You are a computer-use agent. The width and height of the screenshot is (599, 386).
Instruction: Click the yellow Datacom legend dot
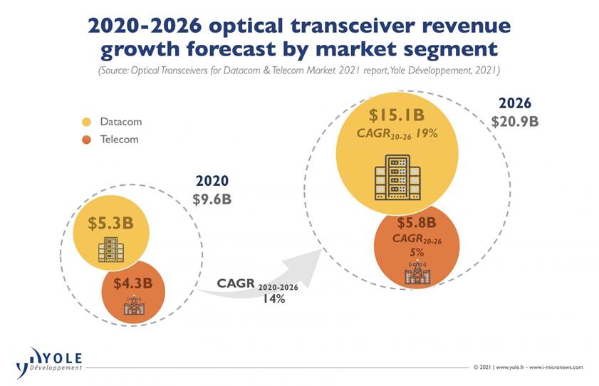pos(87,122)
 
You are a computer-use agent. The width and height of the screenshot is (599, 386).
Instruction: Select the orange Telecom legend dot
pos(87,140)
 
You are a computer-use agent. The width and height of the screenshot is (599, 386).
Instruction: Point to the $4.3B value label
pos(132,283)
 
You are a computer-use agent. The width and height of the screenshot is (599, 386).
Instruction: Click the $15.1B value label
pos(396,115)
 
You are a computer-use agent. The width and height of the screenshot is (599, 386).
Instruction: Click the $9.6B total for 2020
pos(212,199)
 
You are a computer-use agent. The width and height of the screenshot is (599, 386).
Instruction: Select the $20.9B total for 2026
pos(514,121)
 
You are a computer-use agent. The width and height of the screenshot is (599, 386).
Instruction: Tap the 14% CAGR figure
pos(271,299)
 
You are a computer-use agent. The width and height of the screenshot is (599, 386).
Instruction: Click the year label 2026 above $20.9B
pos(514,103)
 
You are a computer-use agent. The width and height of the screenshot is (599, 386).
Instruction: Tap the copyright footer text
pos(528,367)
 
